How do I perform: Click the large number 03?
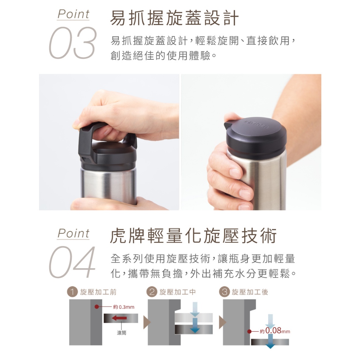pos(72,43)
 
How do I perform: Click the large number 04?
pos(72,262)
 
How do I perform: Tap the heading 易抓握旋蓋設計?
pos(174,18)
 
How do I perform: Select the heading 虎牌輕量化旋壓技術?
pos(193,236)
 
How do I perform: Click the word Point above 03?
pos(73,14)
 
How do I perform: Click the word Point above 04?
pos(73,233)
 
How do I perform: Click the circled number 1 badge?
pos(72,292)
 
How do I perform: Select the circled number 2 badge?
pos(152,292)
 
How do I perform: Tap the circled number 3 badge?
pos(224,292)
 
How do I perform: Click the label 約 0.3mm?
pos(123,307)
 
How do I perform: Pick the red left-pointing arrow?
pos(119,318)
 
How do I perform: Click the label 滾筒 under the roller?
pos(121,333)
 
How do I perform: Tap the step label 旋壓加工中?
pos(178,292)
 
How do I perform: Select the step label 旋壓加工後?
pos(250,292)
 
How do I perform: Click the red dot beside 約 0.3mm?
pos(97,307)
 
